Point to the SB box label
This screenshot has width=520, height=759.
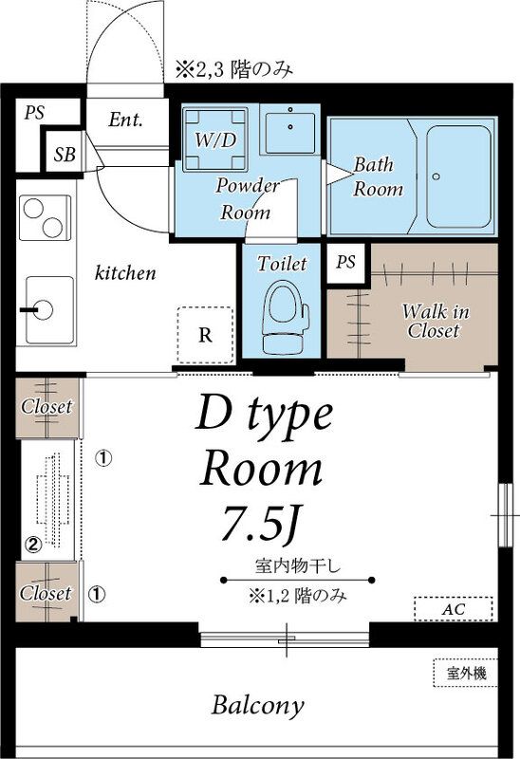(x=65, y=153)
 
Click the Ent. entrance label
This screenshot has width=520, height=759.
(x=125, y=120)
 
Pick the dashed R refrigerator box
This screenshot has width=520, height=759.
(x=205, y=335)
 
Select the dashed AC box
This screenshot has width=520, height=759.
(x=454, y=608)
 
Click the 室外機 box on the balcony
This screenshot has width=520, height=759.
(x=466, y=674)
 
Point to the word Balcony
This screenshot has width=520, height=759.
(x=258, y=706)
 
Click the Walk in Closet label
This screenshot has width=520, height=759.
(x=433, y=321)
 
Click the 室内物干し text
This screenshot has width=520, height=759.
(x=298, y=566)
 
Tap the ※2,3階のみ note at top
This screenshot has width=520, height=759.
(x=233, y=68)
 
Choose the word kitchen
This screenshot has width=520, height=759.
(x=125, y=273)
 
